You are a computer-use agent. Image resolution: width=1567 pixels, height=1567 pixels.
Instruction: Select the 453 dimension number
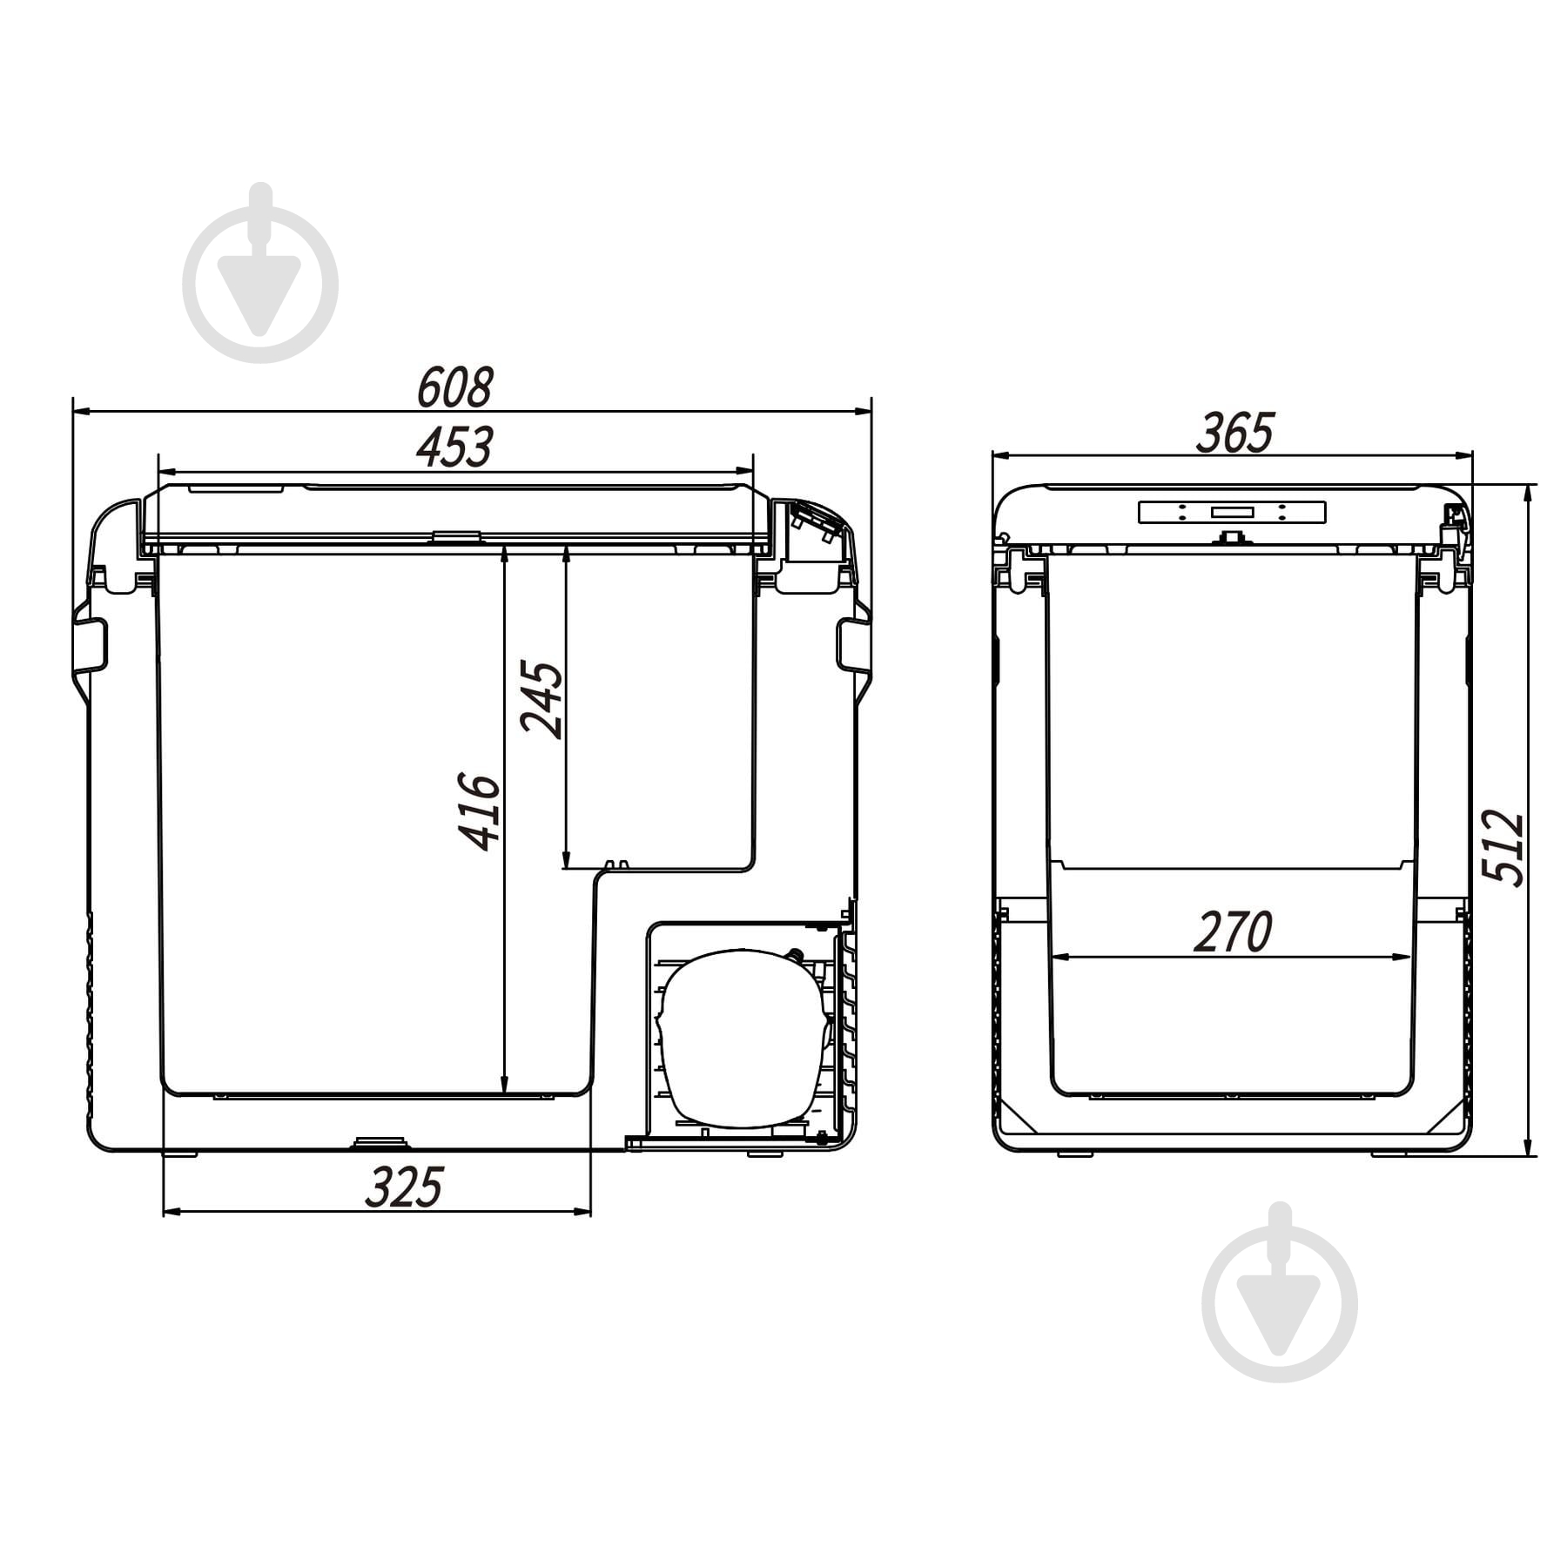[454, 447]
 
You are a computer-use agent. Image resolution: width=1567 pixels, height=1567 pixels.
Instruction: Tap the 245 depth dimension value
[541, 701]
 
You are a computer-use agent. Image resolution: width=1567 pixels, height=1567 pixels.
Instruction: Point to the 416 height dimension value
[480, 810]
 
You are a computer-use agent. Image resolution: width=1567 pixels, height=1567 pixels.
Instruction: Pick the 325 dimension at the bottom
[404, 1187]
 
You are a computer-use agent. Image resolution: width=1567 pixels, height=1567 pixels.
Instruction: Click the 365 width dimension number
[1234, 433]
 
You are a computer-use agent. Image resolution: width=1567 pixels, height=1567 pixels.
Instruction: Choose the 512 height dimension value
[1503, 849]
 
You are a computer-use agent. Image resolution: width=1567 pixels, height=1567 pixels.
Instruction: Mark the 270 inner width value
[1233, 931]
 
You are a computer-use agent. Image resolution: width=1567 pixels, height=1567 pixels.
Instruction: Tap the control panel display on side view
[1232, 512]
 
